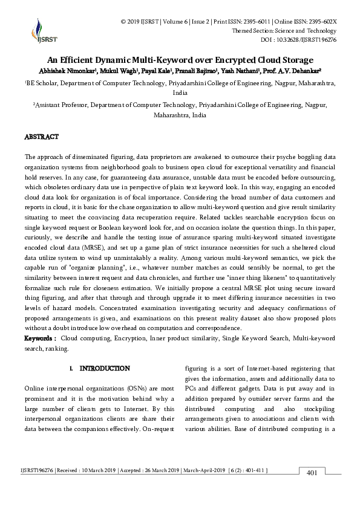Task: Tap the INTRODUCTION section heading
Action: (105, 368)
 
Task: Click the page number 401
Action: (312, 473)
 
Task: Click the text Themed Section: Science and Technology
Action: (284, 31)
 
